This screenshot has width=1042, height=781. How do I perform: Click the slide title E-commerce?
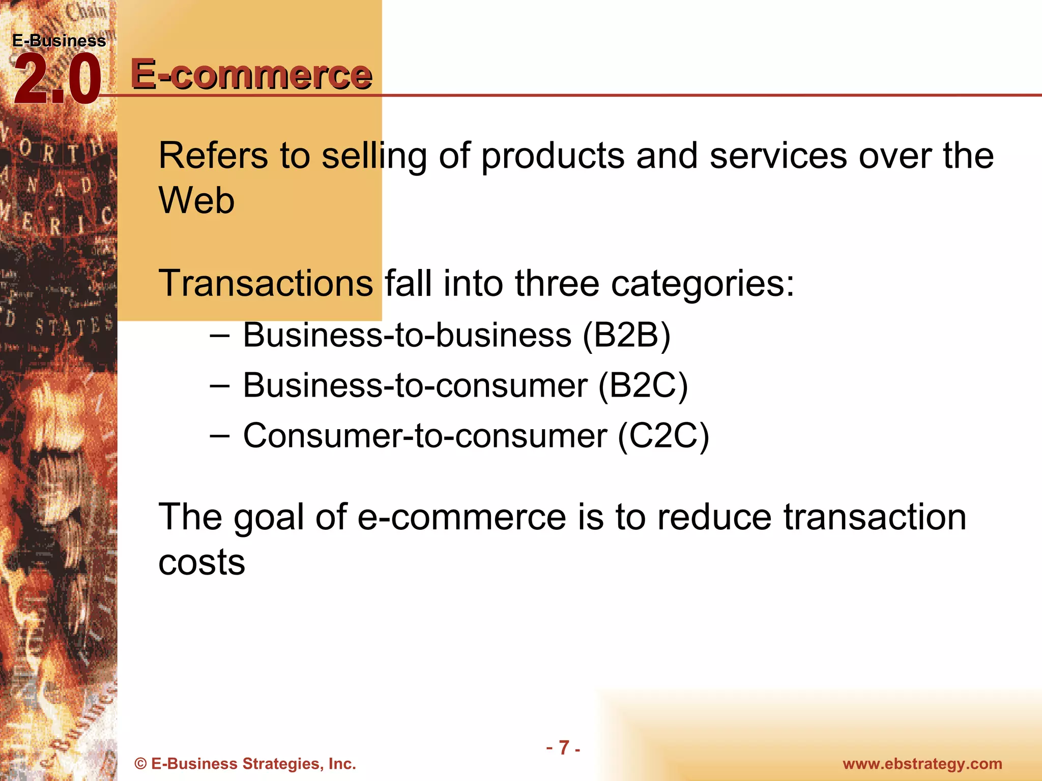click(251, 74)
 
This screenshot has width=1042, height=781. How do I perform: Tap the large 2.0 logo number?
click(57, 80)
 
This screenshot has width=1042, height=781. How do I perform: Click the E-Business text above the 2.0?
click(59, 41)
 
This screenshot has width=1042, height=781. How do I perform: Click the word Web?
click(196, 200)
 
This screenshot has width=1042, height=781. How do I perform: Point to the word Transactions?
click(266, 283)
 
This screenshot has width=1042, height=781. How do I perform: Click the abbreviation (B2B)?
click(626, 335)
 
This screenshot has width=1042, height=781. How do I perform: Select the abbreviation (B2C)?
click(643, 385)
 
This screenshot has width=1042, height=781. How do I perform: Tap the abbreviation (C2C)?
click(663, 436)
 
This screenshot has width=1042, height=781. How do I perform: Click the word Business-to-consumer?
click(415, 385)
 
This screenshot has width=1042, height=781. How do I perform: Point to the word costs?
click(201, 562)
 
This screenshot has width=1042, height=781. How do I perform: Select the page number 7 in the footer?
click(564, 747)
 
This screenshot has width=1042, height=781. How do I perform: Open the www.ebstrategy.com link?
click(922, 764)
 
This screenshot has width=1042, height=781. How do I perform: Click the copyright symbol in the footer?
click(140, 764)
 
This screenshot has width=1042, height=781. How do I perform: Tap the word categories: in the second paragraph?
click(703, 283)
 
